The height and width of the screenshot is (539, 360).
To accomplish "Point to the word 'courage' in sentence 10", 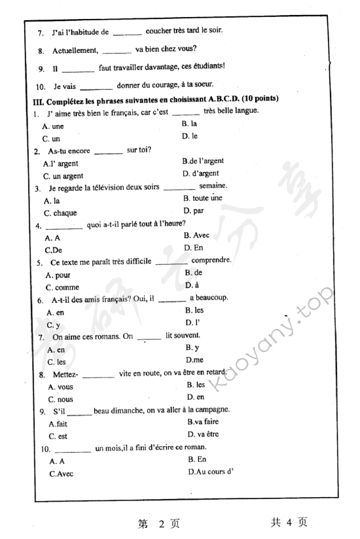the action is [x=163, y=85].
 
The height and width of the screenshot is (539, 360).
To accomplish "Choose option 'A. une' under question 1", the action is [x=53, y=126].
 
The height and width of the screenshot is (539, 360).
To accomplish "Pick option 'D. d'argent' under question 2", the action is [x=201, y=173].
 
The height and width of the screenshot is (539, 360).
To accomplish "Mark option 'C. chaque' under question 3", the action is [x=60, y=213].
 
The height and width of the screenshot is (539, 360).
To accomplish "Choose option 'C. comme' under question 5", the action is [x=62, y=287].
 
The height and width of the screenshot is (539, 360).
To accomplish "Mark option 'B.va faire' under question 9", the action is [x=204, y=423].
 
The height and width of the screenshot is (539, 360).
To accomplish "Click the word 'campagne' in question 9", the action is [x=209, y=409].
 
